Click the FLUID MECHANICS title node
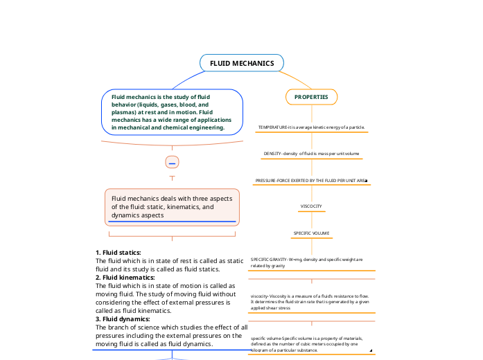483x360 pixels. [242, 63]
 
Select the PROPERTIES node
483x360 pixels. [311, 97]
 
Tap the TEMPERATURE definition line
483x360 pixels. [311, 127]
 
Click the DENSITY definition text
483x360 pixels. [311, 153]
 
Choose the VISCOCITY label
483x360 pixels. [310, 206]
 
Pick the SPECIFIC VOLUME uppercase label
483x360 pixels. [311, 233]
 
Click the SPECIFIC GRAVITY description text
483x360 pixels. [306, 262]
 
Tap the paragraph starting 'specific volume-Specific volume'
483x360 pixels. [305, 343]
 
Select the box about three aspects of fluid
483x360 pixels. [172, 206]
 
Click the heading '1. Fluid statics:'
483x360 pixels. [118, 253]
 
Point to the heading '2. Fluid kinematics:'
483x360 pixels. [125, 278]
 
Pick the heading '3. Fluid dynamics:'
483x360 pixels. [123, 319]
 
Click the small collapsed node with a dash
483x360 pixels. [172, 162]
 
